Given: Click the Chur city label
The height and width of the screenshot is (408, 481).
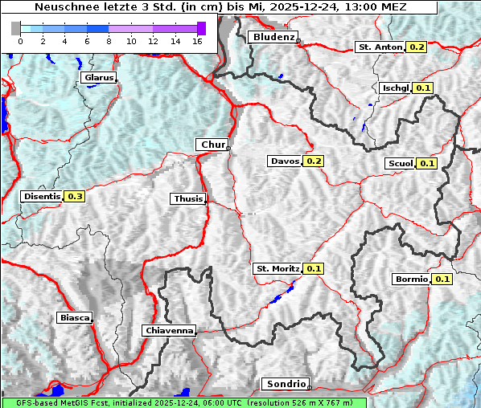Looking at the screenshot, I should coord(212,145).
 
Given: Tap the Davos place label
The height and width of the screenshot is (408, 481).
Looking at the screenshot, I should coord(285,161).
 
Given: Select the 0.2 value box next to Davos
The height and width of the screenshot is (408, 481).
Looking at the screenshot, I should coord(314,161).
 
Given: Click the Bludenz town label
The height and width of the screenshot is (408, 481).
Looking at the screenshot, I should coord(273,37).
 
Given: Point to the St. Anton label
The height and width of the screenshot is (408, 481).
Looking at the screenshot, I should coord(380,47).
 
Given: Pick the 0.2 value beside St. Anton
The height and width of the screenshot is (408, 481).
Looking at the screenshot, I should coord(417,47).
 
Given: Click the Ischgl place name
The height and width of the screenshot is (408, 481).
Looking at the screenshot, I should coord(396,88).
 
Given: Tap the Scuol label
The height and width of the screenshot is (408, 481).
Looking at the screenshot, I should coord(400,164).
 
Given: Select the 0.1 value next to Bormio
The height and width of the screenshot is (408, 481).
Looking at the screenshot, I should coord(442,279).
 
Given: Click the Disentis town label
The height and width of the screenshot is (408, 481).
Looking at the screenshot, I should coord(42,196).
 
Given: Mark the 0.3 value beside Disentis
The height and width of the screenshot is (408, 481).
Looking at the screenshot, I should coord(75,196).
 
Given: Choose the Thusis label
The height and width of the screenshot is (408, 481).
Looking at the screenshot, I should coord(187,199).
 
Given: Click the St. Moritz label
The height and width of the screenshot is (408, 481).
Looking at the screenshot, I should coord(277,268).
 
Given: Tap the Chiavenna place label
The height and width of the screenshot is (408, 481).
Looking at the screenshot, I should coord(169,330).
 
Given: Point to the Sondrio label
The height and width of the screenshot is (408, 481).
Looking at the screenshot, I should coord(286,384).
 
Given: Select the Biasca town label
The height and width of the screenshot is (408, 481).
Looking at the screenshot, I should coord(74,317).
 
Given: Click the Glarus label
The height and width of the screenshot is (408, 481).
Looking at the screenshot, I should coord(98,78).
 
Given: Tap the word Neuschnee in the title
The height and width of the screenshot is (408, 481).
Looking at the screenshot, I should coord(63,7).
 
